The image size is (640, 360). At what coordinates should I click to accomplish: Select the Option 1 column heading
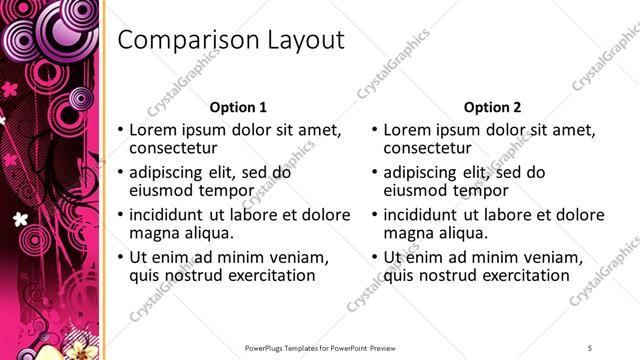(238, 107)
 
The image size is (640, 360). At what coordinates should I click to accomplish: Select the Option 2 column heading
(493, 107)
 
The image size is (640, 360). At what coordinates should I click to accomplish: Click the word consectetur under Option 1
(176, 149)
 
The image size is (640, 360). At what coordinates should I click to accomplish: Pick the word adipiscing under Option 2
(424, 172)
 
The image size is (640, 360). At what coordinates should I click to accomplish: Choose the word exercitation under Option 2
(523, 276)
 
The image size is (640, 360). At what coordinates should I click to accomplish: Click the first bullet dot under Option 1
(121, 131)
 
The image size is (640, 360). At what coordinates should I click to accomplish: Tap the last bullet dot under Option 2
(375, 258)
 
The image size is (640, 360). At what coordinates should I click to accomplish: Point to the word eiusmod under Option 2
(418, 191)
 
